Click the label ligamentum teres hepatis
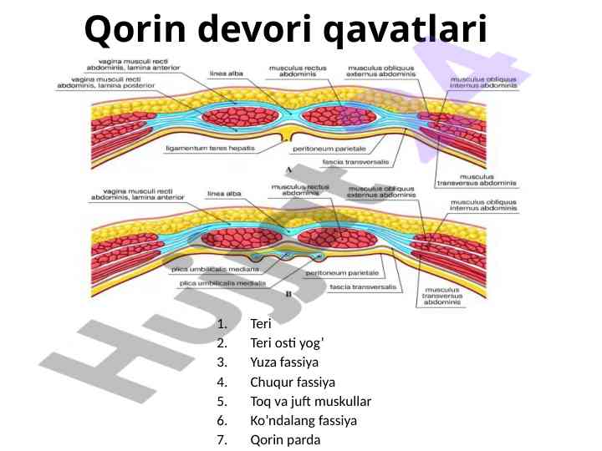pyautogui.click(x=210, y=148)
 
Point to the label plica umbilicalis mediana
pyautogui.click(x=213, y=270)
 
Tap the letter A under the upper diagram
pyautogui.click(x=288, y=168)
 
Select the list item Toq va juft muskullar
pyautogui.click(x=310, y=401)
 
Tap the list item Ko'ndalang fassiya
pyautogui.click(x=303, y=421)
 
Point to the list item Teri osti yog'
pyautogui.click(x=286, y=342)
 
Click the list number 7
pyautogui.click(x=221, y=440)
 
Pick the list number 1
pyautogui.click(x=221, y=323)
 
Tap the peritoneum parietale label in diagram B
pyautogui.click(x=343, y=273)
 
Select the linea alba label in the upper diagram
pyautogui.click(x=226, y=73)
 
